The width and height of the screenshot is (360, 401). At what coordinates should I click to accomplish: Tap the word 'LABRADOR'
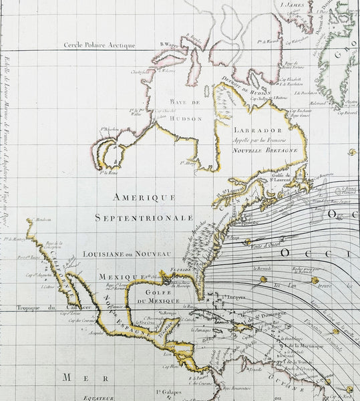(x=250, y=131)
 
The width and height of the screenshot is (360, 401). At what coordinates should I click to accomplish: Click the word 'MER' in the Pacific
(x=76, y=378)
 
